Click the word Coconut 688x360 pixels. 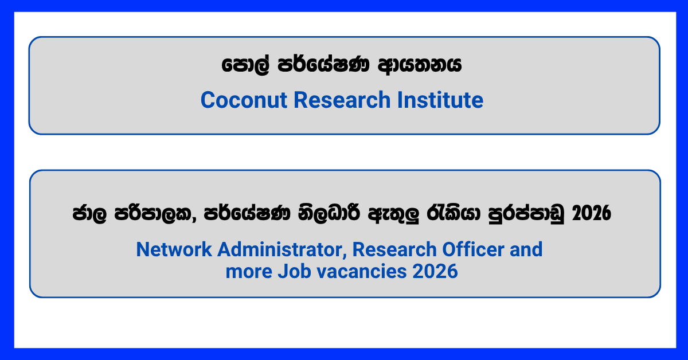[x=244, y=100]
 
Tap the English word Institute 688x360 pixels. [x=440, y=100]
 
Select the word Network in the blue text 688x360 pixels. [x=174, y=249]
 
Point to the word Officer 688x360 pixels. [x=473, y=249]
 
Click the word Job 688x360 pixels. [x=294, y=271]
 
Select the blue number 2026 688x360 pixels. [x=435, y=271]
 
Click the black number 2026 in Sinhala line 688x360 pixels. [x=592, y=213]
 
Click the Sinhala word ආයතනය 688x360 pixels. [x=420, y=65]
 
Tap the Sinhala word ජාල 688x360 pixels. [x=89, y=213]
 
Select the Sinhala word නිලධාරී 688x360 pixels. [x=329, y=213]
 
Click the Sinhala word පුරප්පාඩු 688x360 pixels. [x=526, y=213]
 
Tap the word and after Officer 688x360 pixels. [x=526, y=249]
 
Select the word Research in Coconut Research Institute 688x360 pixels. [x=342, y=100]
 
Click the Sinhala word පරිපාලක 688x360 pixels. [x=155, y=213]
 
